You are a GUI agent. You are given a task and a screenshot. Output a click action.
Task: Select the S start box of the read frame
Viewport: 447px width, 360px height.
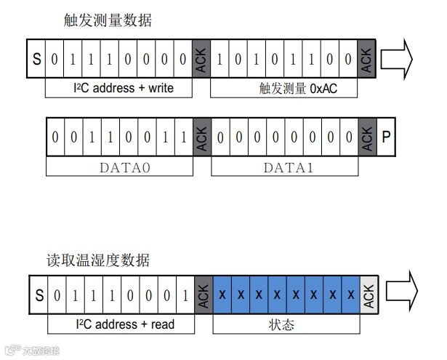39,295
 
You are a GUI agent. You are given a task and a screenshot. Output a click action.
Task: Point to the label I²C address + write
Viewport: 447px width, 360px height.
118,89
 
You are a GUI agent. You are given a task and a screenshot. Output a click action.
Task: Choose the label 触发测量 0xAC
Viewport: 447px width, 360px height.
285,89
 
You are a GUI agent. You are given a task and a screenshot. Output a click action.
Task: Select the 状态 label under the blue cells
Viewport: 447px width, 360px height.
287,324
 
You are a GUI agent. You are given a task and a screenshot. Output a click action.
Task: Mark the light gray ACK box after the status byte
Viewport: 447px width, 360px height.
369,295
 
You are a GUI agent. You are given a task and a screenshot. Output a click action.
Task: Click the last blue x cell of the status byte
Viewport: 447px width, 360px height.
351,295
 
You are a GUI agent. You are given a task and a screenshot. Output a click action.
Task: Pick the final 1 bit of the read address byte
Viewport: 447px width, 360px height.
187,295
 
